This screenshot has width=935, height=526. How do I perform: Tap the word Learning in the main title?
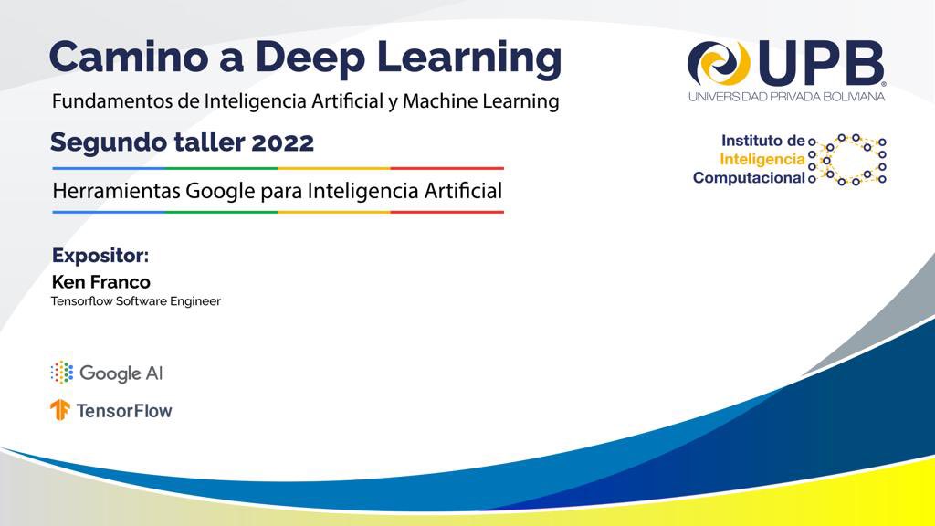pyautogui.click(x=469, y=58)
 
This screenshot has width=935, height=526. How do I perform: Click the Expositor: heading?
pyautogui.click(x=100, y=256)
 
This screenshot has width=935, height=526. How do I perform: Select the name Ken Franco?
pyautogui.click(x=101, y=282)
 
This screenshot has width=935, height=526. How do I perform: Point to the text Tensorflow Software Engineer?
pyautogui.click(x=136, y=301)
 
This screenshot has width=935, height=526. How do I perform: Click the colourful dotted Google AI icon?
pyautogui.click(x=62, y=373)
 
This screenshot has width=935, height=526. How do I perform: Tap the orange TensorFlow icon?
pyautogui.click(x=60, y=410)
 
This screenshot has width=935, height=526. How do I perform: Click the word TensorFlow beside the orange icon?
pyautogui.click(x=124, y=411)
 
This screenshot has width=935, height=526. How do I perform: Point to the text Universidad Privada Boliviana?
pyautogui.click(x=786, y=97)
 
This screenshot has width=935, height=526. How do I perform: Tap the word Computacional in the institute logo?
pyautogui.click(x=749, y=178)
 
